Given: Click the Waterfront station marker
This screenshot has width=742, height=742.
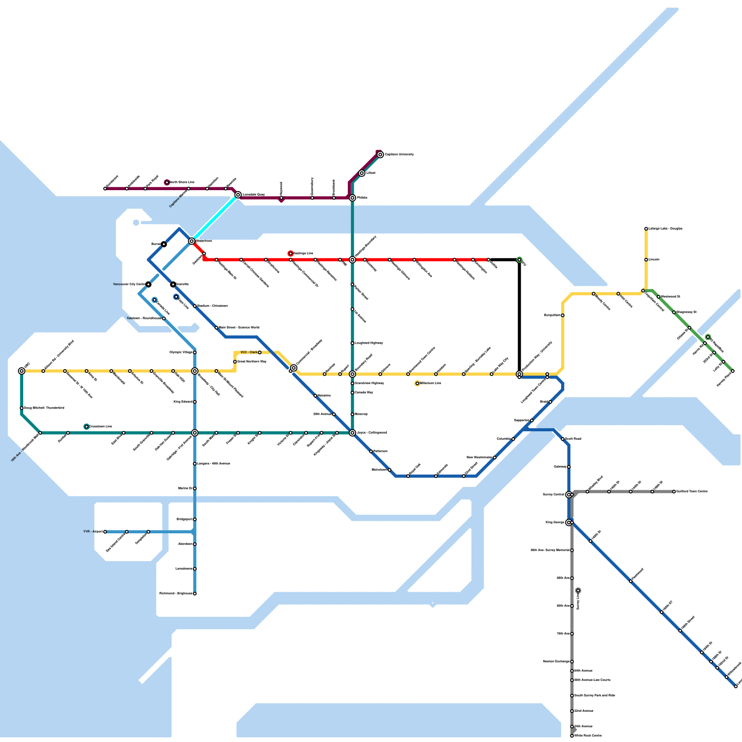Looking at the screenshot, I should [x=192, y=241].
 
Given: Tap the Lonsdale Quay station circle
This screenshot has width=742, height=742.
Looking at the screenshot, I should [x=238, y=195].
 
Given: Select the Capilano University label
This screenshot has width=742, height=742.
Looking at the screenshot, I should [x=399, y=154].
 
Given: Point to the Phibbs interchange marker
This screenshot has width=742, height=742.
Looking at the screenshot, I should [x=352, y=198].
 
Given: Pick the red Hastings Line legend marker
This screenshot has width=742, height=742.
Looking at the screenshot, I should [x=291, y=254].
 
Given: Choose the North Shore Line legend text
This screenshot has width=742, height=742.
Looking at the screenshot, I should [x=182, y=182].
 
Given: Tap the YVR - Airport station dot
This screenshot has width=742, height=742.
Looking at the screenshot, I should [x=105, y=532].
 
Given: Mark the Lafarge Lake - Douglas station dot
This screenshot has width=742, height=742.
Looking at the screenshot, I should [x=646, y=229].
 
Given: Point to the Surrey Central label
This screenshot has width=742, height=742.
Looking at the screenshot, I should [x=553, y=495].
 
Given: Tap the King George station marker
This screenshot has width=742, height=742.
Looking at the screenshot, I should [x=569, y=523].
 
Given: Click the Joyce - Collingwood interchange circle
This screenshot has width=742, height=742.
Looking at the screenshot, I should [x=352, y=433].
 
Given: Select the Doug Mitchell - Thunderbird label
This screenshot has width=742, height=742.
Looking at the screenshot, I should [x=44, y=408].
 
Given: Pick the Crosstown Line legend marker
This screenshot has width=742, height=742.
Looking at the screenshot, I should [x=86, y=427].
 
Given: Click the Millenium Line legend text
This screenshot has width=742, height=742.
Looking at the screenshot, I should [x=431, y=384].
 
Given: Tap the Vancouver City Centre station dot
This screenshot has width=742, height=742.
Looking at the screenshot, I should [x=148, y=284].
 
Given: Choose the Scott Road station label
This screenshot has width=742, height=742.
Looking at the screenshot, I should [x=573, y=439].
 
